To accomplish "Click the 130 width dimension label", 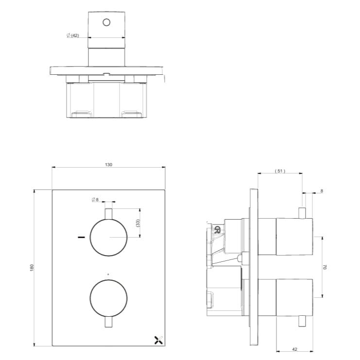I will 108,165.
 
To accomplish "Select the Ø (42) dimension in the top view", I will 72,35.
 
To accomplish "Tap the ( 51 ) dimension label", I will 280,171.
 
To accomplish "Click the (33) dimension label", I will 137,223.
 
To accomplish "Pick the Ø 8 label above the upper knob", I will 95,200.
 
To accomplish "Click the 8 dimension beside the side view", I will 322,191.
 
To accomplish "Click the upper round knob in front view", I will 109,238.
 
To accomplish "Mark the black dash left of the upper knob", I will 81,238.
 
